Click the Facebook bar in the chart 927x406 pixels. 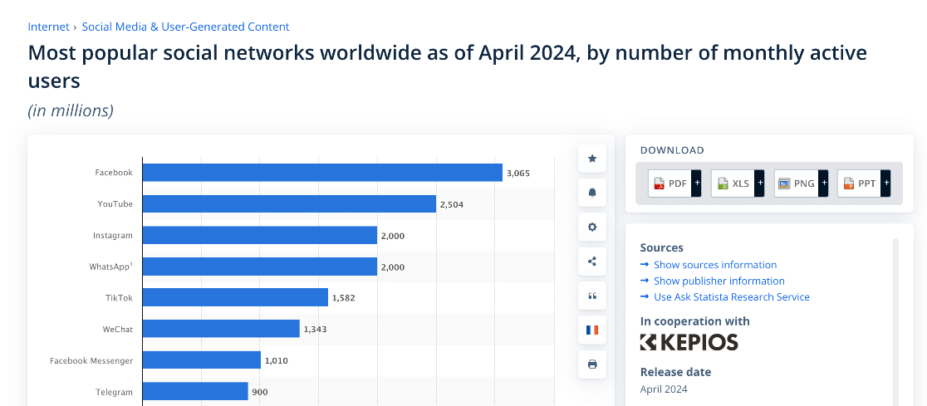point(322,173)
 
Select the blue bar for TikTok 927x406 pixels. point(235,297)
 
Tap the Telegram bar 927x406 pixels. point(195,392)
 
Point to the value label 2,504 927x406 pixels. point(452,204)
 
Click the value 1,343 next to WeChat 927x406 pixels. point(316,330)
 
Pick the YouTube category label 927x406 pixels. point(115,203)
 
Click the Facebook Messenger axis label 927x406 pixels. point(91,361)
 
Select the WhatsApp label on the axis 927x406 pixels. point(110,267)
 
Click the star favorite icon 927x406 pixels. point(592,158)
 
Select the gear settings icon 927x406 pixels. point(592,227)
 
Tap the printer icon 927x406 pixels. point(592,364)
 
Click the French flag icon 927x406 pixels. point(592,330)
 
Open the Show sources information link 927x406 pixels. point(714,265)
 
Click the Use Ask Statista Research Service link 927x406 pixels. point(731,297)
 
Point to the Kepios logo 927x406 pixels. point(689,342)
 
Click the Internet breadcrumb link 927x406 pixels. point(48,27)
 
